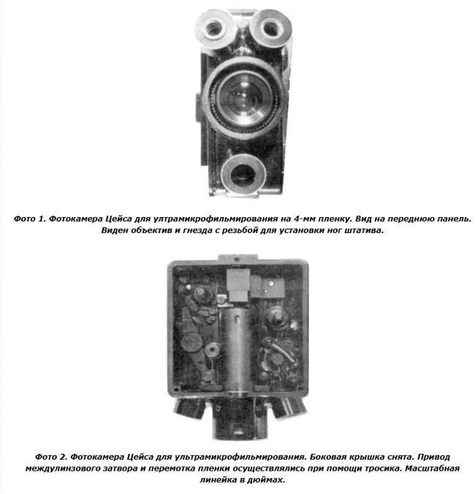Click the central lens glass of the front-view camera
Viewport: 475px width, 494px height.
pos(244,97)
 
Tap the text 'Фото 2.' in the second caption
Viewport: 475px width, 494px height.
pos(51,457)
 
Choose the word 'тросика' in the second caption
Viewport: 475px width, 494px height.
pos(383,468)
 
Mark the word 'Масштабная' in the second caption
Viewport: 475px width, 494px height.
pos(432,468)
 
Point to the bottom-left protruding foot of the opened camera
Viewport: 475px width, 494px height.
pos(190,408)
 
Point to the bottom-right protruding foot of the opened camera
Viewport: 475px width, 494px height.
pos(289,408)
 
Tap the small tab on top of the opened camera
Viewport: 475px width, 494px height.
pos(237,257)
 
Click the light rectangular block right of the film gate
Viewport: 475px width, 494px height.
pos(268,287)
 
